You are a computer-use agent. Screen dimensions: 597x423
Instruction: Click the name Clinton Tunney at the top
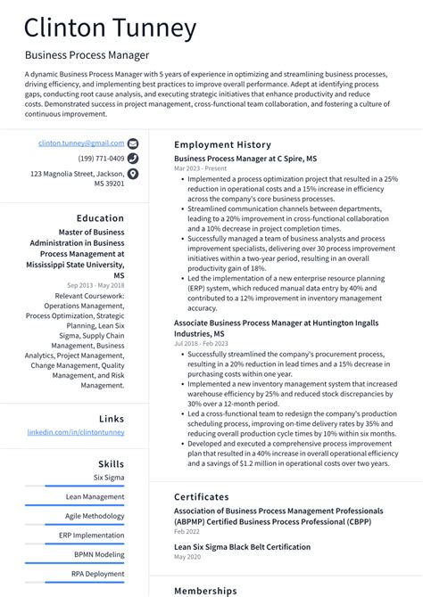pos(110,29)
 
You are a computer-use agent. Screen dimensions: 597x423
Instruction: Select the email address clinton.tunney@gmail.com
pos(81,143)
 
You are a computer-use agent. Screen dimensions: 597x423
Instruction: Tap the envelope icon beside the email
pos(133,143)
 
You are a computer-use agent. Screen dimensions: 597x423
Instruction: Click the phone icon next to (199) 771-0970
pos(133,159)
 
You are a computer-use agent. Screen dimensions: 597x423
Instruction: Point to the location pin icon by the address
pos(133,174)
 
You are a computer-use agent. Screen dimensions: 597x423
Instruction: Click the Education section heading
pos(100,218)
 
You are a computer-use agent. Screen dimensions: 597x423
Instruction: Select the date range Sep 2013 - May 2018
pos(95,285)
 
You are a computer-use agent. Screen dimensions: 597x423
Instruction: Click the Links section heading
pos(112,418)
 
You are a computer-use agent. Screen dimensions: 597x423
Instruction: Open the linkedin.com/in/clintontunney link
pos(76,432)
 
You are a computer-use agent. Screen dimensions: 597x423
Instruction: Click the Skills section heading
pos(111,463)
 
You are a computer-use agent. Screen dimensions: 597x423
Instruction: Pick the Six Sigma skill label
pos(108,478)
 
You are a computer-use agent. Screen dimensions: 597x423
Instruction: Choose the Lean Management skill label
pos(95,496)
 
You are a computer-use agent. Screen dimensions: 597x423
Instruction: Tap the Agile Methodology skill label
pos(95,516)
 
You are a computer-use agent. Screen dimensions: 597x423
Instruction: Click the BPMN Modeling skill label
pos(99,554)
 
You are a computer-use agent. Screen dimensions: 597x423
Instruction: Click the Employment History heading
pos(221,144)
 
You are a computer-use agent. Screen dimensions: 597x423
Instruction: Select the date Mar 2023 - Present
pos(200,168)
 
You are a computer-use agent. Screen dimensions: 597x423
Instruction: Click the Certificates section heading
pos(201,497)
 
